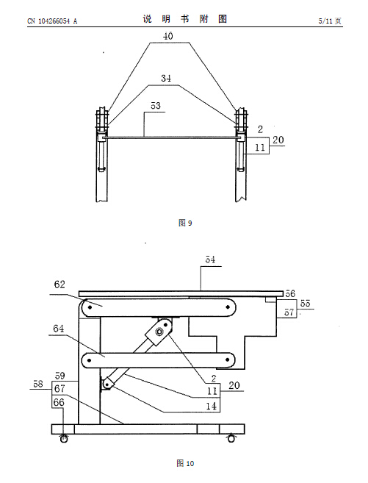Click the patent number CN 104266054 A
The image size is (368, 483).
coord(52,21)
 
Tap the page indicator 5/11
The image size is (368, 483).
coord(325,21)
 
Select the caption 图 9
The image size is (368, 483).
coord(185,223)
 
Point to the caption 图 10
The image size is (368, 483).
coord(185,463)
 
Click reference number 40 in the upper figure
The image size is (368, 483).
coord(167,36)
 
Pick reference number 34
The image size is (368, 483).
coord(166,78)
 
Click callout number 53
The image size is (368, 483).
coord(156,106)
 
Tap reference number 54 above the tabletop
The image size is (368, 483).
coord(211,260)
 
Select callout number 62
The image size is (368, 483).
coord(59,284)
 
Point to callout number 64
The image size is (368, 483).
coord(59,329)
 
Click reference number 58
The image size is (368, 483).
coord(38,384)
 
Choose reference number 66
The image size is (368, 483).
coord(59,402)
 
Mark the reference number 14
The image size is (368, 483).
coord(212,406)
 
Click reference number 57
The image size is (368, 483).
coord(289,312)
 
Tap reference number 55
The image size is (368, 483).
coord(306,303)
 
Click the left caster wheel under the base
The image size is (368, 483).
coord(64,438)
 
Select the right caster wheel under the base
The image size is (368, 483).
coord(231,438)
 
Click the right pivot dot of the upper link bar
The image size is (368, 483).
coord(228,307)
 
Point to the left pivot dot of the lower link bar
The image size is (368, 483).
coord(89,359)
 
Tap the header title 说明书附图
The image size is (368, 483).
coord(185,19)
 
